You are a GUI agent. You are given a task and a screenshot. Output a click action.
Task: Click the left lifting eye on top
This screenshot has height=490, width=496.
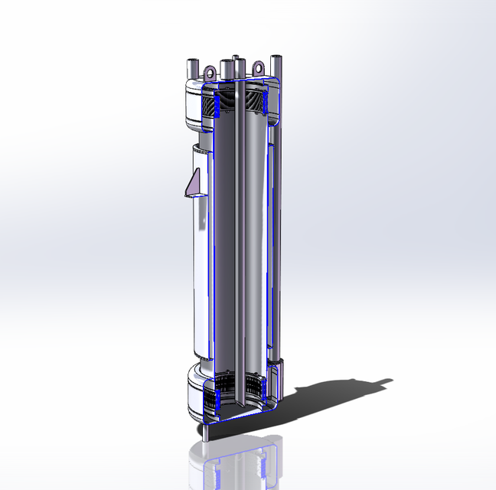click(x=208, y=71)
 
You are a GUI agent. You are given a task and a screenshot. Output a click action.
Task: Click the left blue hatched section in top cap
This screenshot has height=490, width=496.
click(x=215, y=108)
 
